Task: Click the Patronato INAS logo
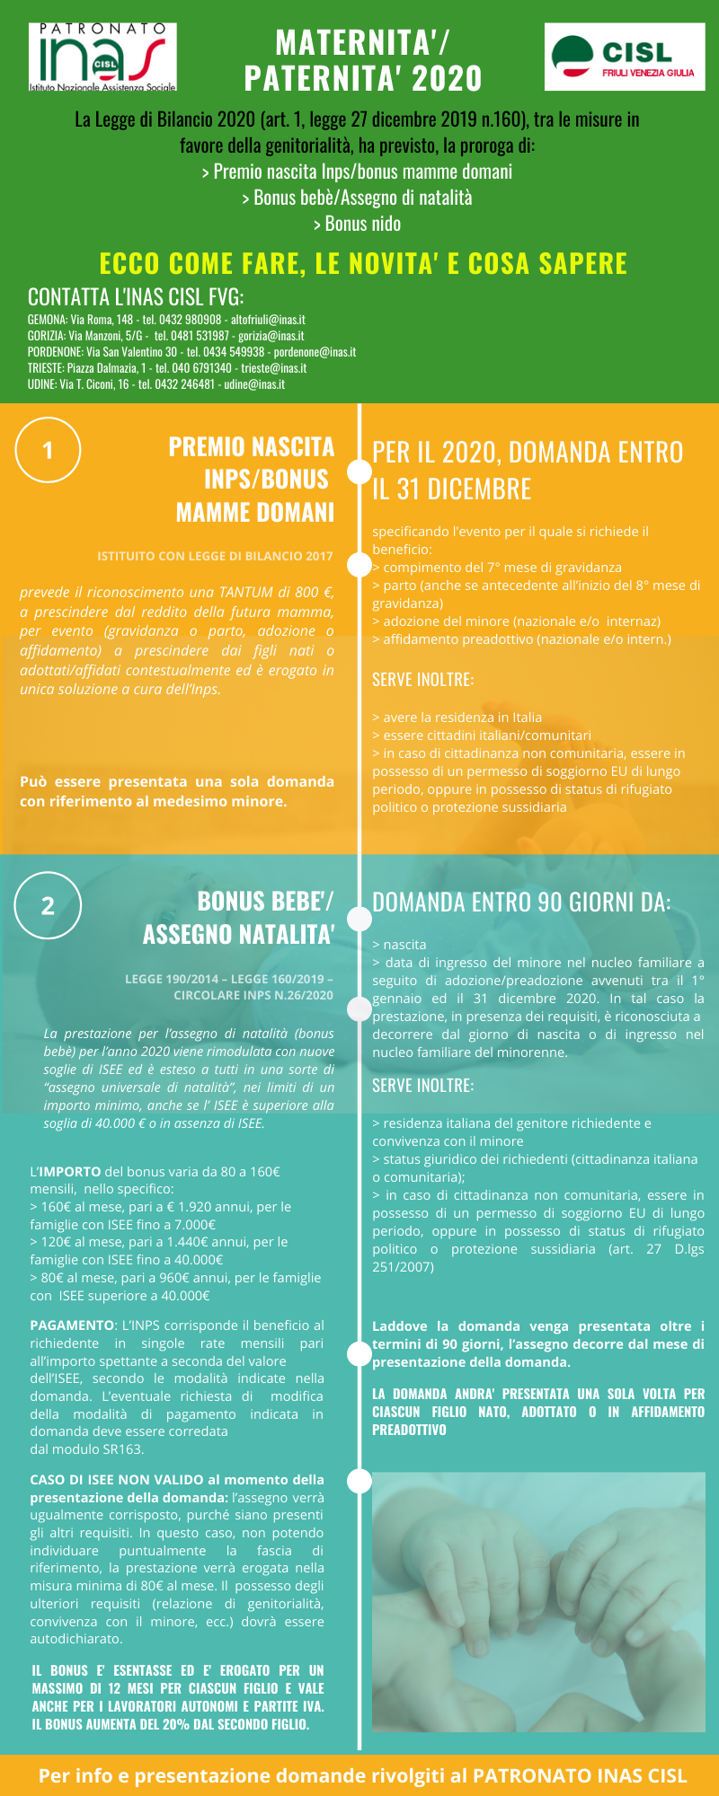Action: click(102, 57)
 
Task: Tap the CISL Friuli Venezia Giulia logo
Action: click(625, 57)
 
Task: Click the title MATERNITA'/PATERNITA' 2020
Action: click(362, 60)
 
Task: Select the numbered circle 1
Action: click(49, 450)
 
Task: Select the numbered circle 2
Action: click(49, 905)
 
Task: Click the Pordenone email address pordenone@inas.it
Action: click(315, 352)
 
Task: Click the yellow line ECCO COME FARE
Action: click(362, 263)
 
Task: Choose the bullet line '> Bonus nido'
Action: click(358, 224)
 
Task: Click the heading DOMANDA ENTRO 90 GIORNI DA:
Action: click(521, 902)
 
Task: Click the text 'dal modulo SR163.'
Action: click(86, 1449)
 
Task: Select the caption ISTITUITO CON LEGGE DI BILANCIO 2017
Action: click(215, 556)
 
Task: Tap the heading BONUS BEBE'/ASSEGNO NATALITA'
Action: click(239, 918)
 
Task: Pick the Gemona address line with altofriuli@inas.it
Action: click(166, 320)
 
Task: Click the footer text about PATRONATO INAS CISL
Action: click(362, 1776)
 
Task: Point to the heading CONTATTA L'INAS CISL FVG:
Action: click(136, 296)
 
